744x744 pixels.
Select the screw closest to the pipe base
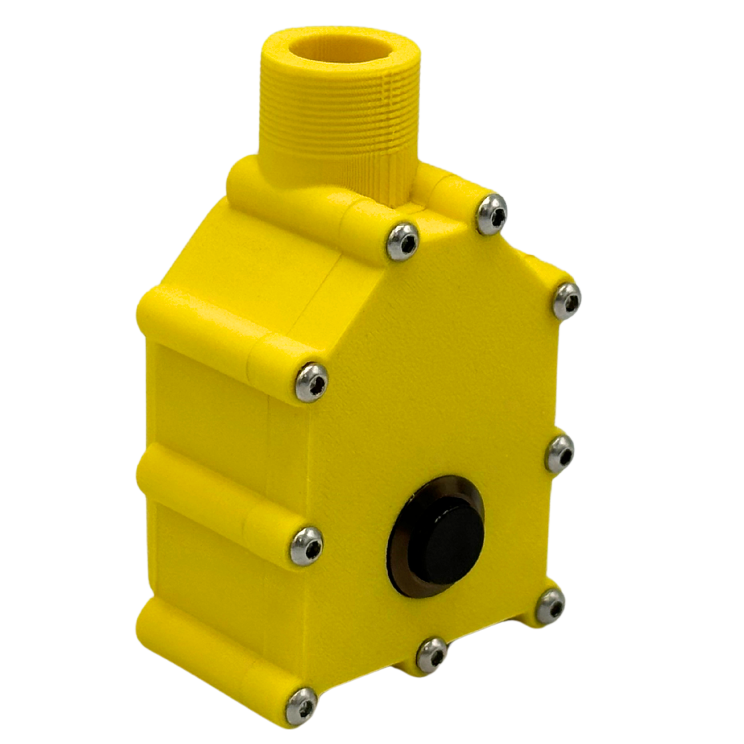492,214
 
